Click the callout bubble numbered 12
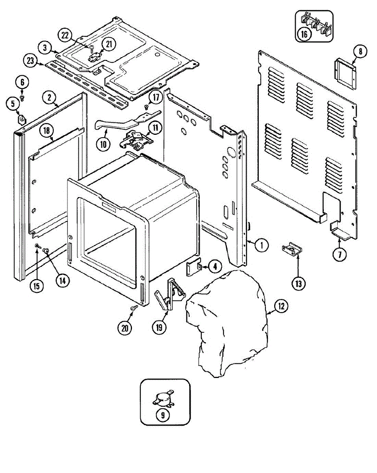[x=281, y=306]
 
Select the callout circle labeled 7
[x=339, y=254]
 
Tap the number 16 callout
[x=304, y=34]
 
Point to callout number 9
[x=162, y=415]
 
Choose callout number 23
[x=30, y=61]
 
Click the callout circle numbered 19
[x=160, y=327]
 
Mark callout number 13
[x=298, y=283]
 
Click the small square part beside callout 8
[x=345, y=73]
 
